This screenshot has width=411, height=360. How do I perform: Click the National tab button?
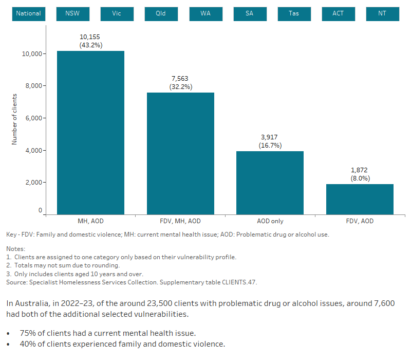[28, 13]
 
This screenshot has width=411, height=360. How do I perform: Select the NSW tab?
[72, 13]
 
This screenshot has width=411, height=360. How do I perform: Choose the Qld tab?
[161, 13]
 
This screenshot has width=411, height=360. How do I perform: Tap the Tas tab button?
[293, 13]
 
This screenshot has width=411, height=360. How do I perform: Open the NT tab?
[382, 13]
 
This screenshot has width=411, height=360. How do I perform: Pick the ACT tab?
[338, 13]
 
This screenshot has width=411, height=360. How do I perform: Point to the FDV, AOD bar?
[360, 199]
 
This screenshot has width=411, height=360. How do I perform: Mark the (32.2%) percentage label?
[180, 87]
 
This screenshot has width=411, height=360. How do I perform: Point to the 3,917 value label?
[270, 137]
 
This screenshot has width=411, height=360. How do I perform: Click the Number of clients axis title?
[14, 119]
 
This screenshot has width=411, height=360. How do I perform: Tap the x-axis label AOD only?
[270, 221]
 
